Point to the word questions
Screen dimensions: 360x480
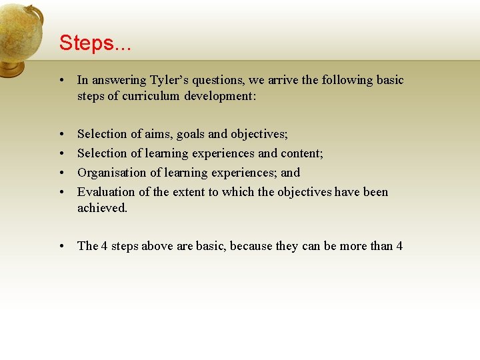[221, 80]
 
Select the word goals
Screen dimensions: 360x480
[191, 134]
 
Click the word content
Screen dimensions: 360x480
[303, 153]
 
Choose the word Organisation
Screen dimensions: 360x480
[111, 173]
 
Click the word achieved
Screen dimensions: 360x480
[101, 208]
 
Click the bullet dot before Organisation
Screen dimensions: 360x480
[61, 173]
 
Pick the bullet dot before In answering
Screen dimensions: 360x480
[61, 81]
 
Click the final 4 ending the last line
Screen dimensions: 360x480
[399, 246]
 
